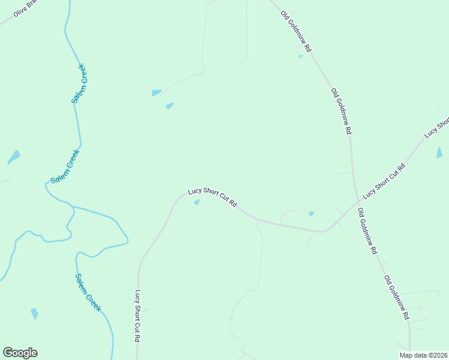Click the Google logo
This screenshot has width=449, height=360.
pos(20,353)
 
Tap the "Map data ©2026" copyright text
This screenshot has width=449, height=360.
pos(423,355)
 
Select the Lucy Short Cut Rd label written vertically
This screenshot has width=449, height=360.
pos(137,316)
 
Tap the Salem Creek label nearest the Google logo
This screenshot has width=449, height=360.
pos(88,292)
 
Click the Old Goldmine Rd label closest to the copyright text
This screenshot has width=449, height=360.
pos(397,297)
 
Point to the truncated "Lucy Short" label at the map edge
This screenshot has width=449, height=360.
pos(437,127)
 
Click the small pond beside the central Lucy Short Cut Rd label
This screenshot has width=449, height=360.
pos(196,202)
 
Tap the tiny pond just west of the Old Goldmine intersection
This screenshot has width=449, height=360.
pos(311,213)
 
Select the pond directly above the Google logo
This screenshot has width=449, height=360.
pos(34,313)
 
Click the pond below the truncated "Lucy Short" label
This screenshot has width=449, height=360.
pos(439,152)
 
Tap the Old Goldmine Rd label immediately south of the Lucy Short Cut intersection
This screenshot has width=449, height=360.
pos(367,231)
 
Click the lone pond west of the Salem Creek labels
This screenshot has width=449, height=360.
pos(13,157)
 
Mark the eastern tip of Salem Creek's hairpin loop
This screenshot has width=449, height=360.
pos(128,242)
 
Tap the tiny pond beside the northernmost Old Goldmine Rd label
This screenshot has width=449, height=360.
pos(301,56)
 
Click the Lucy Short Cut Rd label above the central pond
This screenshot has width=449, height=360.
pos(212,197)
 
